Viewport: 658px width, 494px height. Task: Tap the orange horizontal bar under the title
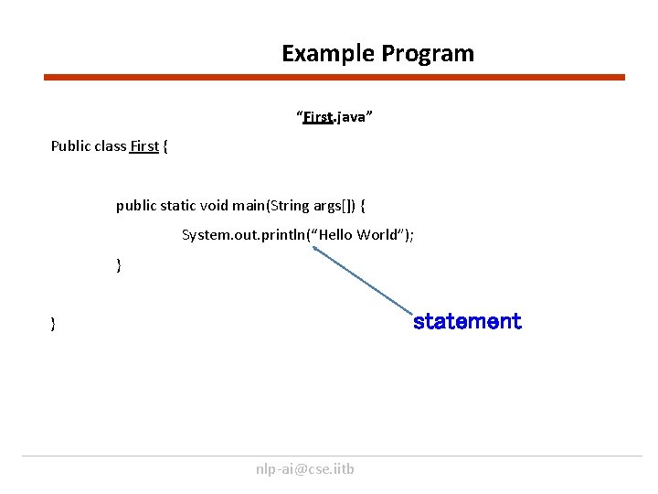tap(334, 78)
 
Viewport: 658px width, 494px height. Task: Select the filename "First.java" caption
tap(334, 118)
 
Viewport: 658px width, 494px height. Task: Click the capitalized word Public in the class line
tap(70, 146)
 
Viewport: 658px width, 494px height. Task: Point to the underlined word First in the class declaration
tap(144, 146)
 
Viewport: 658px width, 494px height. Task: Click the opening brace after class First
tap(165, 146)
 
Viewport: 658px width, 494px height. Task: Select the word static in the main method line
tap(180, 206)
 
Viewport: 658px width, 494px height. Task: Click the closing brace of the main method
tap(119, 265)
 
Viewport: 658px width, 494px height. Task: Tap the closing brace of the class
tap(54, 323)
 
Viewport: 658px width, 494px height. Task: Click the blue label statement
tap(466, 321)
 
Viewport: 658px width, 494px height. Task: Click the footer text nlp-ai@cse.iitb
tap(305, 469)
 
